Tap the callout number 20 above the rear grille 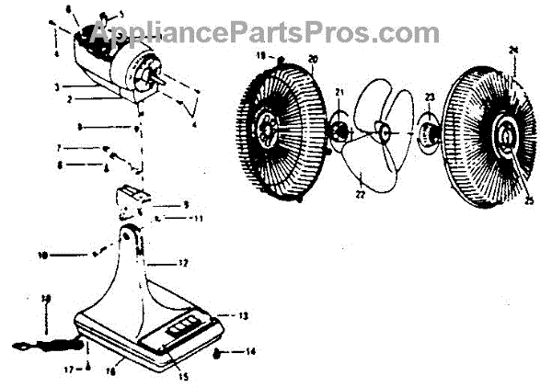pos(312,59)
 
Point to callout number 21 pos(339,92)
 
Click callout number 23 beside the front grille pos(429,97)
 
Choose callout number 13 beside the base pos(244,315)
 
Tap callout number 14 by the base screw pos(250,352)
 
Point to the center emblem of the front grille pos(505,136)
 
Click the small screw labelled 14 pos(217,352)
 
